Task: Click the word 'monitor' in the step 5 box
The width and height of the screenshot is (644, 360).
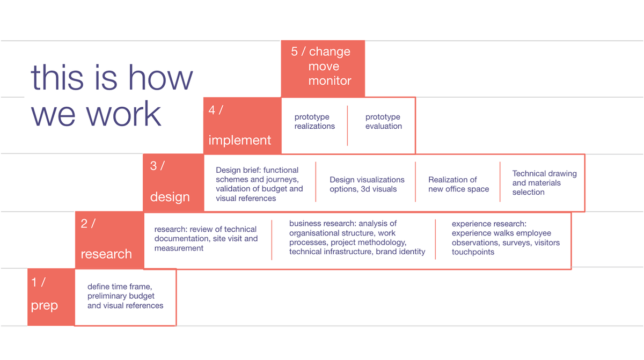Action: (x=330, y=80)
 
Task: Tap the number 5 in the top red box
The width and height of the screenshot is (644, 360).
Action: (x=294, y=52)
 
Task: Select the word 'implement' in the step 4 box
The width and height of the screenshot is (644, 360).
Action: (x=239, y=141)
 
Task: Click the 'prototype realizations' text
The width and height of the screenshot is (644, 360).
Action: (x=314, y=121)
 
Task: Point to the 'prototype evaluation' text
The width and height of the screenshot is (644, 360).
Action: (x=384, y=121)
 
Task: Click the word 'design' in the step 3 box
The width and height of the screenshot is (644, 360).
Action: (x=170, y=197)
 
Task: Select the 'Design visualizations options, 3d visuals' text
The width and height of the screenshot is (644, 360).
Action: (x=367, y=184)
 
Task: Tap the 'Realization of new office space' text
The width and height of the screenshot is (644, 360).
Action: (x=458, y=184)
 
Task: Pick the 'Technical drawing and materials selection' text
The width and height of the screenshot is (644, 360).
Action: (x=545, y=183)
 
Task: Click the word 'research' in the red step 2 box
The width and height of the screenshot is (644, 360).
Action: (x=106, y=254)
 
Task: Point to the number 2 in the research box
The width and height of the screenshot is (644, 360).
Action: (x=84, y=224)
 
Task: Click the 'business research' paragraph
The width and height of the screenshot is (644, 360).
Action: (x=357, y=238)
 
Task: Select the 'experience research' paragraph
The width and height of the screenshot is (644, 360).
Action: (x=506, y=238)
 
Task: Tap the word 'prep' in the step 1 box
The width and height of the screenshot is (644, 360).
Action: (x=44, y=306)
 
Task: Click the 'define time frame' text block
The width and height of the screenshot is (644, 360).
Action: (x=126, y=296)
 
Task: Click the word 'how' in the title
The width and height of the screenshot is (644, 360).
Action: (x=160, y=78)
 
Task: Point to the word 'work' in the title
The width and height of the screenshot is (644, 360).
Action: (x=123, y=114)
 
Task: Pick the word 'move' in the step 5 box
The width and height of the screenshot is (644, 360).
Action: (x=324, y=67)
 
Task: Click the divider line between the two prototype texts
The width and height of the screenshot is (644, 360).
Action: (x=347, y=126)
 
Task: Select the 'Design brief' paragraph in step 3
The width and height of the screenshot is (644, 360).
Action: (x=259, y=184)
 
